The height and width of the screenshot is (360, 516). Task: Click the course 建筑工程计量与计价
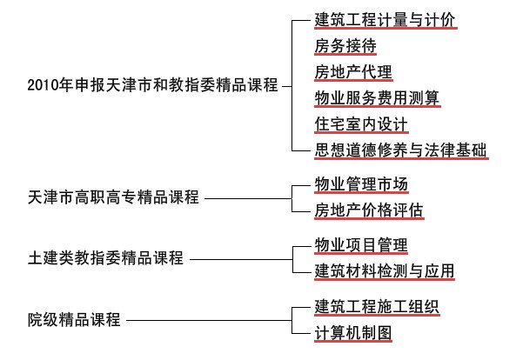(385, 19)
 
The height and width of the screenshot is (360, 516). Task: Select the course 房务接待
(345, 45)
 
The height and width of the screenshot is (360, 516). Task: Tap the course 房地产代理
(353, 71)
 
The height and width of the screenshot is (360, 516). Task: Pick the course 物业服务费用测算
(377, 98)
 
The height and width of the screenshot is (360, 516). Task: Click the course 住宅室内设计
(361, 124)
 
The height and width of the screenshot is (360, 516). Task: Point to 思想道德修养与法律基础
(400, 150)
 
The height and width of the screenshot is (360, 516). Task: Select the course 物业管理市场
(361, 184)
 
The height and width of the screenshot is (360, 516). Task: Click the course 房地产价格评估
(369, 210)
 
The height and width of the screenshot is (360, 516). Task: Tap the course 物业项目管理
(361, 245)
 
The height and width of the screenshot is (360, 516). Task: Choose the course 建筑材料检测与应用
(385, 271)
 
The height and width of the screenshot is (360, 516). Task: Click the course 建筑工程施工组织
(377, 306)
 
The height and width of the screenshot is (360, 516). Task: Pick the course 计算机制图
(353, 333)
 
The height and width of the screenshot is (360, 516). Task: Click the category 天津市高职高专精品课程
(113, 197)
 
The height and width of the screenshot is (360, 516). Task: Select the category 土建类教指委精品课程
(105, 258)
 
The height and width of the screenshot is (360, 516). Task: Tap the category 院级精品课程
(74, 319)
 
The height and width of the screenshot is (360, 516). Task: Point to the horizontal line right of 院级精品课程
(209, 320)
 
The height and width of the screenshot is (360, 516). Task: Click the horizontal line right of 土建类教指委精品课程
(241, 259)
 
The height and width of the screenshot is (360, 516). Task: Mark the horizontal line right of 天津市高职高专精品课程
(248, 198)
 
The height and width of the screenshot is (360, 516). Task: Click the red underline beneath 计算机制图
(353, 341)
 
